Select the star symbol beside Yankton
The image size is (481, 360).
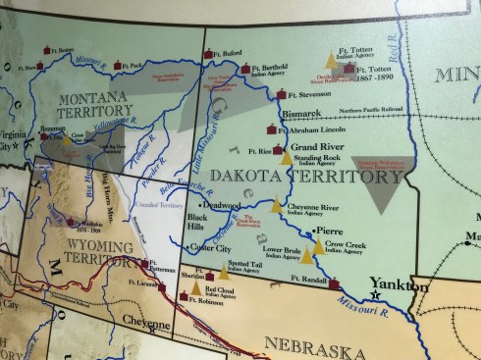coord(374,293)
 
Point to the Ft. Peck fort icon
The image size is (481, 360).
coord(118,66)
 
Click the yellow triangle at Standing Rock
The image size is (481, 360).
coord(286,157)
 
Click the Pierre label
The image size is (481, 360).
coord(329,231)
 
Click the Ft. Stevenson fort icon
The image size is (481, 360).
coord(282,95)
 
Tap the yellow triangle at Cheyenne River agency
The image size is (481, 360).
coord(278,207)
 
